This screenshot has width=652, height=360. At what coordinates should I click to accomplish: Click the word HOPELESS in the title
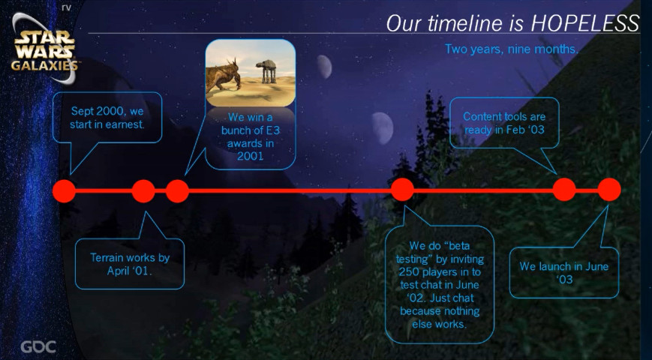coord(585,24)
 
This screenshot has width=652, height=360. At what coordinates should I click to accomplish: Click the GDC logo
coord(38,346)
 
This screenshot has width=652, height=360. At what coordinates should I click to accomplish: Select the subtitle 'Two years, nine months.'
coord(512,49)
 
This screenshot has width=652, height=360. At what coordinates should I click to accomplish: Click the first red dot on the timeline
coord(64,191)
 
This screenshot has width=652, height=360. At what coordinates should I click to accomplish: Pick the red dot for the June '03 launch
coord(609,190)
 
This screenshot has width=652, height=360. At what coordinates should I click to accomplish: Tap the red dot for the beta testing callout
coord(402,190)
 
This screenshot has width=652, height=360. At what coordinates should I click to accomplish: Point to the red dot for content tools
coord(564,190)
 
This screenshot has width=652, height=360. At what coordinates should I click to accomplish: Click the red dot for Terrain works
coord(143,191)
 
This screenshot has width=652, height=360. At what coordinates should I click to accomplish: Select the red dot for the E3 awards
coord(177,191)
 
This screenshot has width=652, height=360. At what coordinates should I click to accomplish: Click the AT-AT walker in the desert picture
coord(266,70)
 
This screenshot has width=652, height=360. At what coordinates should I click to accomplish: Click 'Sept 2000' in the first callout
coord(97,112)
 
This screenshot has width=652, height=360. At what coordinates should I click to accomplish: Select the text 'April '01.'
coord(129,271)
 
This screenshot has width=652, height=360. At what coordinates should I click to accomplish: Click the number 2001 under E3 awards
coord(251,156)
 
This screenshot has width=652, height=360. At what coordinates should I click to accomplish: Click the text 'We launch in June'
coord(564,266)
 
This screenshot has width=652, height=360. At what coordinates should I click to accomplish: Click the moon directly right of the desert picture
coord(324,67)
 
